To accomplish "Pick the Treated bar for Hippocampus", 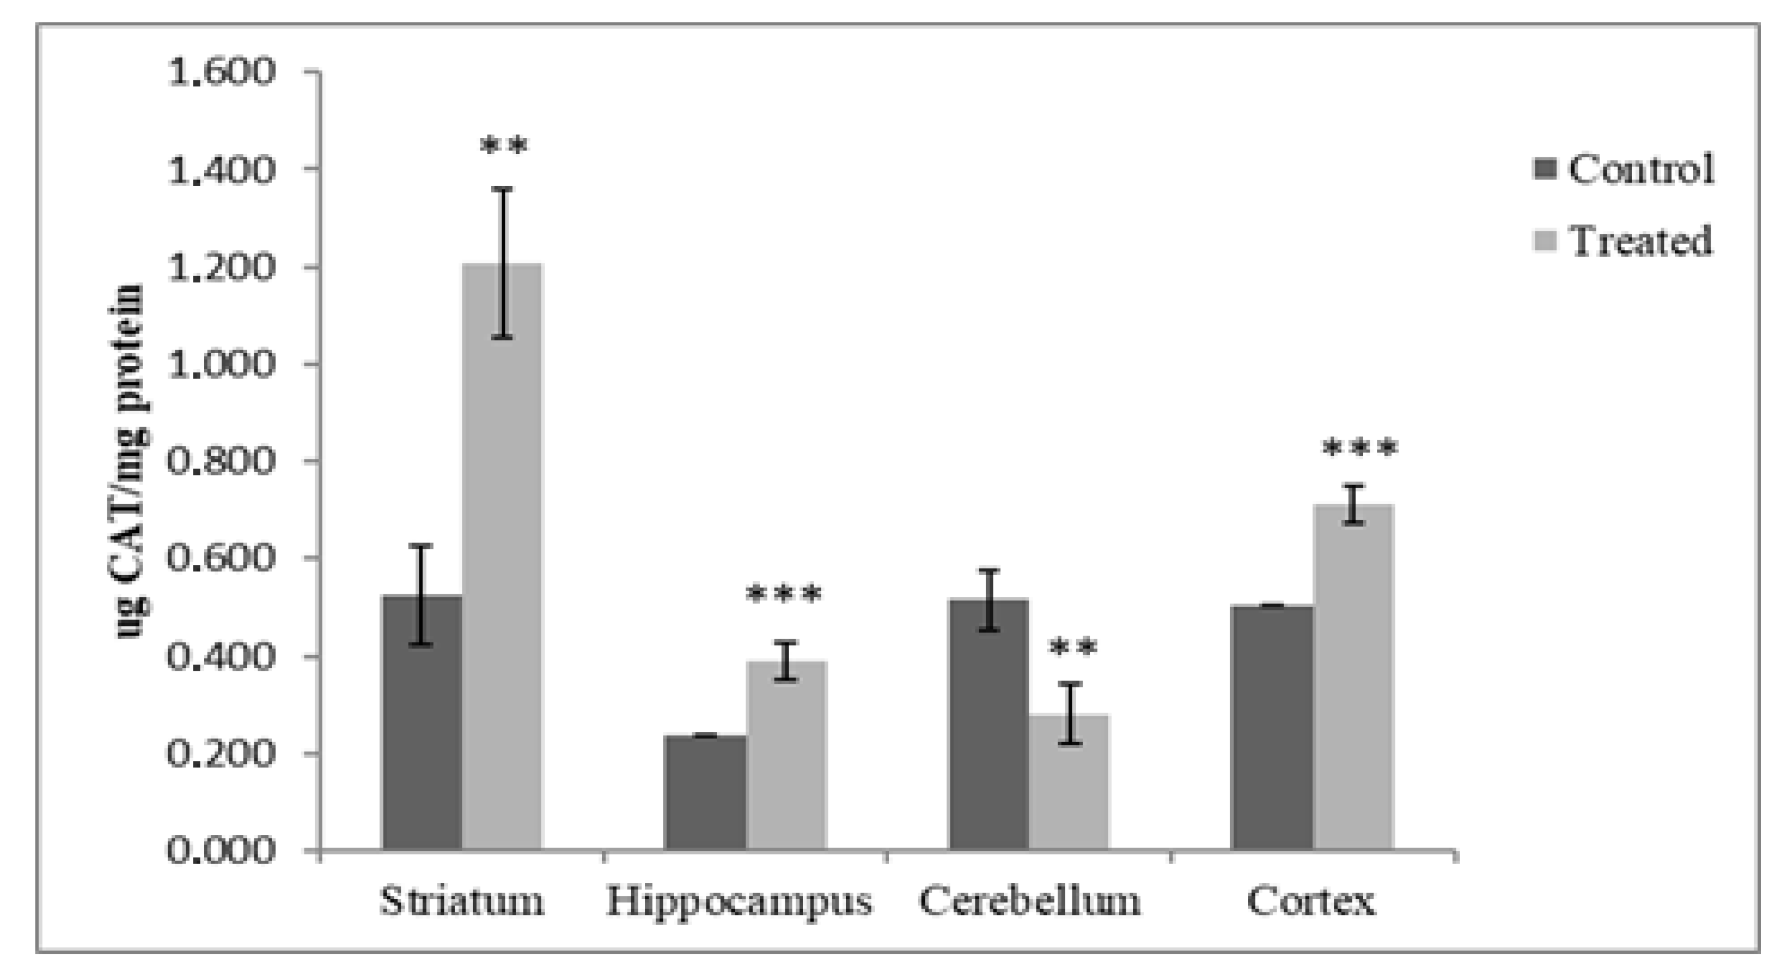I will point(786,755).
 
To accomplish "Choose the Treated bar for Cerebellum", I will point(1069,782).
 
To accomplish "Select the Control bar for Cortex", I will point(1272,727).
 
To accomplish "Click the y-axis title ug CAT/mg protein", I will point(129,461).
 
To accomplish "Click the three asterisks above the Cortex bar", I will point(1359,449).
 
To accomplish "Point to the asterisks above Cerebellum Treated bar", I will point(1072,648).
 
